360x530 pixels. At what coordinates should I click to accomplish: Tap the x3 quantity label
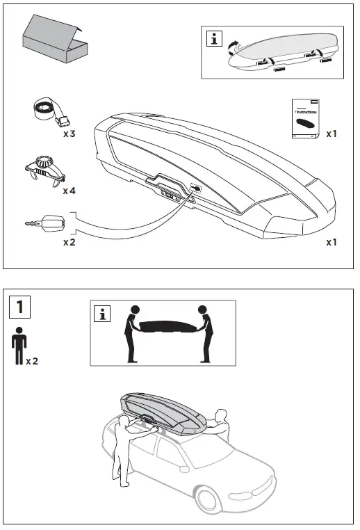[69, 133]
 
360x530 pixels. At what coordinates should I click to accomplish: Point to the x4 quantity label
[69, 190]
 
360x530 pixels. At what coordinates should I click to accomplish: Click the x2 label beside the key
[69, 242]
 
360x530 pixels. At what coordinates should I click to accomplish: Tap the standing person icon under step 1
[18, 349]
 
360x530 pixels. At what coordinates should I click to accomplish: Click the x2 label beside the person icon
[33, 362]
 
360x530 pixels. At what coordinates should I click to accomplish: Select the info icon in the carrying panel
[103, 315]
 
